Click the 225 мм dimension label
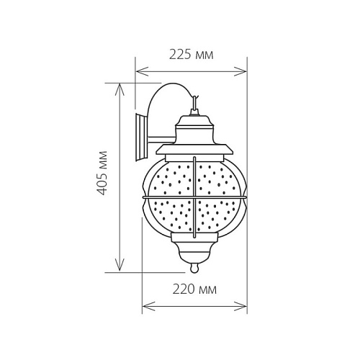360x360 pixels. [191, 55]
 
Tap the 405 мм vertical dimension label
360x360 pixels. [102, 173]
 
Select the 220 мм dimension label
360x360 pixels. [194, 289]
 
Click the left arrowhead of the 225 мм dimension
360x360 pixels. [142, 71]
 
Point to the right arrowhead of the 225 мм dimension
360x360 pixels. [240, 71]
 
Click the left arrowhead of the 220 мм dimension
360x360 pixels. [149, 307]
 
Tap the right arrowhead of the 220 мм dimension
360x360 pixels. [240, 307]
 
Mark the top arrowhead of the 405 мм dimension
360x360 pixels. [120, 89]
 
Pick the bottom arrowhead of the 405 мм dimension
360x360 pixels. [120, 266]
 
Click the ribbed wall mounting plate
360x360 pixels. [142, 138]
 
